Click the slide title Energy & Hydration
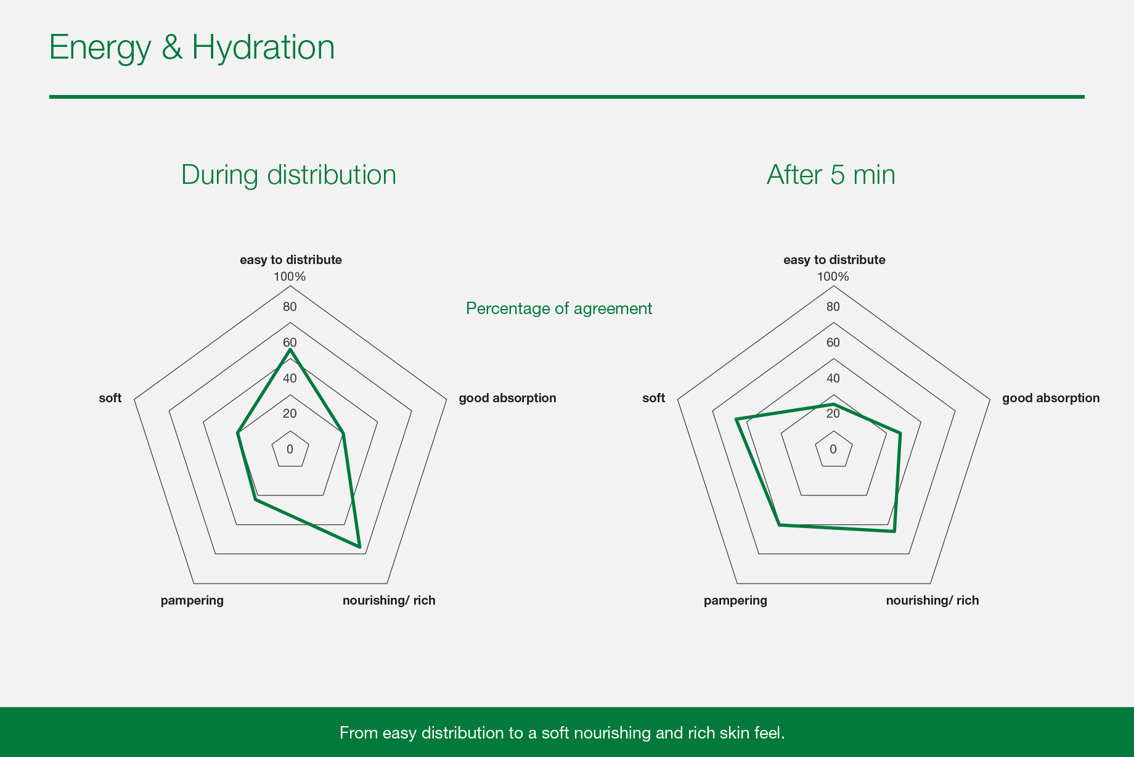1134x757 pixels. point(192,48)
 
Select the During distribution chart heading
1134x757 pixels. point(288,175)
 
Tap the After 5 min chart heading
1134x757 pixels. point(831,175)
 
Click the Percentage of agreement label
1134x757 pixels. point(559,308)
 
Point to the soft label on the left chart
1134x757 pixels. point(110,398)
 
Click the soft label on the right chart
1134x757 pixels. point(654,398)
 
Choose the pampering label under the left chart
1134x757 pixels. point(192,601)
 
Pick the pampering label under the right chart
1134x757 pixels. point(736,601)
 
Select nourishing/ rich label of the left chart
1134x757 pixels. point(389,600)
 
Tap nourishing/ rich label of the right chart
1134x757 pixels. point(932,600)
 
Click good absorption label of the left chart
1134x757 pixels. point(507,398)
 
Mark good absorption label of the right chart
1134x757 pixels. point(1051,398)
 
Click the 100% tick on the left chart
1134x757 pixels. point(290,276)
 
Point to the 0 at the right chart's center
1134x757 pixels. point(833,449)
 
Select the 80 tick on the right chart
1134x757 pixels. point(833,307)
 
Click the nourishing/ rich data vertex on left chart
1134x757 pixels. point(359,547)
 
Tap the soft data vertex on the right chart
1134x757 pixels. point(736,420)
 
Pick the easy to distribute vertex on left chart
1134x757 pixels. point(290,350)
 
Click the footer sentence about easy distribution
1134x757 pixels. point(562,733)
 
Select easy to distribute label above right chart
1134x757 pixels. point(834,260)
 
